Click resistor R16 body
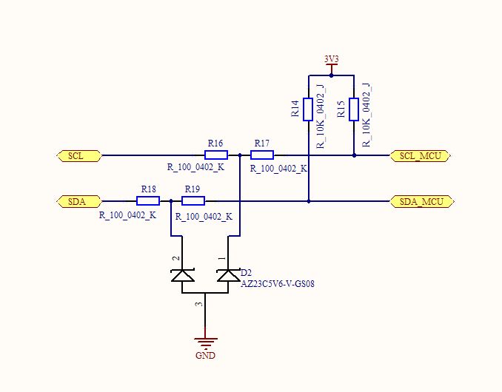click(216, 155)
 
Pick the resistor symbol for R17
click(262, 155)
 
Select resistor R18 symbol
click(148, 200)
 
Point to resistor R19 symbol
click(193, 200)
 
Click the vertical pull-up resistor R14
click(308, 109)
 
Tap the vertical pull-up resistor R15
click(354, 109)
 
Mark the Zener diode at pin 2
click(182, 275)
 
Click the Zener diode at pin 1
click(228, 275)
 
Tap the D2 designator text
click(247, 273)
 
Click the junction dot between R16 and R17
click(240, 155)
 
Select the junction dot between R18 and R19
click(171, 200)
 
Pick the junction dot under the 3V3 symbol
click(331, 75)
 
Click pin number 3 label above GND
click(198, 304)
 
